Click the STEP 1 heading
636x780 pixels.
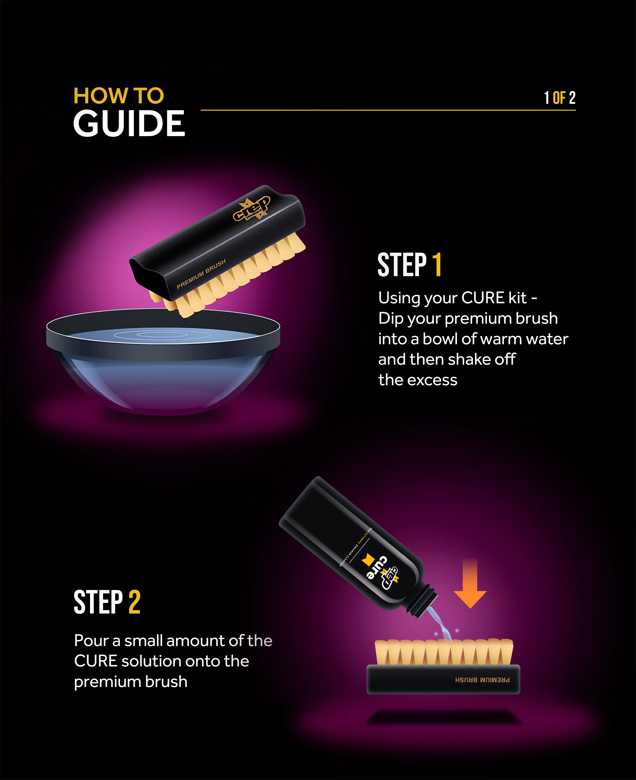click(x=409, y=265)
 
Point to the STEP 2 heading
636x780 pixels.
click(x=107, y=602)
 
